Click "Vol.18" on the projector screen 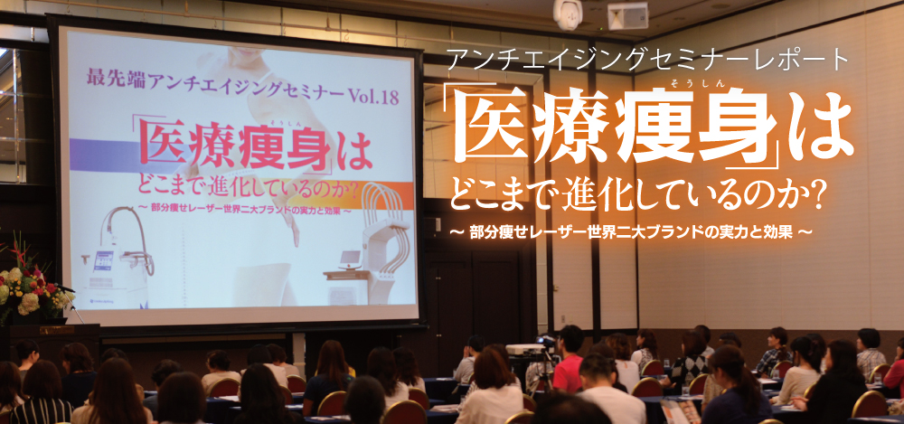click(374, 96)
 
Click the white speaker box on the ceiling click(627, 15)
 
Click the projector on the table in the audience click(525, 349)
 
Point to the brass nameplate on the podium click(56, 330)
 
